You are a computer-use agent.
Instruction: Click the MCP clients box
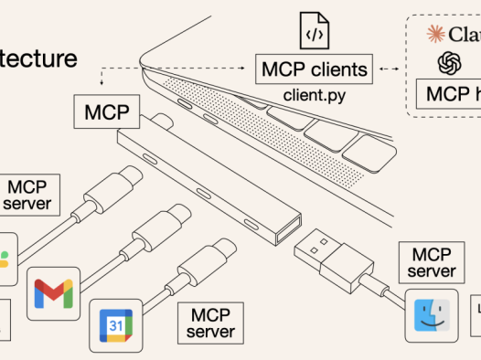[315, 68]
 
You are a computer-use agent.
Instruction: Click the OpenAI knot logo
[449, 62]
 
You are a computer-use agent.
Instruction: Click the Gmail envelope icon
[53, 293]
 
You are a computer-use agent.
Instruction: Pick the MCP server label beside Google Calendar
[211, 323]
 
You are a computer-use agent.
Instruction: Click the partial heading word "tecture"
[38, 58]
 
